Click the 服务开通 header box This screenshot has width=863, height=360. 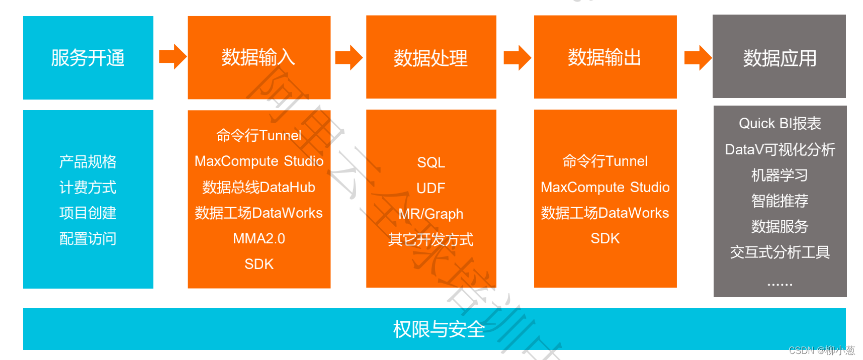(x=88, y=58)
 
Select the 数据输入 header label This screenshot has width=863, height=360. (x=258, y=58)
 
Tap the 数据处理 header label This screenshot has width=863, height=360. (x=430, y=58)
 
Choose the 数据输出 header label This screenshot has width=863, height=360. (x=605, y=58)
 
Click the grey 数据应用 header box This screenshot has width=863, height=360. (x=779, y=57)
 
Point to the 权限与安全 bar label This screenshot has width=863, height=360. (x=439, y=329)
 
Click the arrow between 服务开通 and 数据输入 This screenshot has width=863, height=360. (x=172, y=56)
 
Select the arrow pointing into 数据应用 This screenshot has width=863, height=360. (x=698, y=57)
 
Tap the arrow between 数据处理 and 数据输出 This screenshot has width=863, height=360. (x=517, y=57)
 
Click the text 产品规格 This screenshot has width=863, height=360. (x=88, y=162)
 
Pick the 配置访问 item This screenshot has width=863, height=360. (x=88, y=239)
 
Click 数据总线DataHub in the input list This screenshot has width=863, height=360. (x=258, y=188)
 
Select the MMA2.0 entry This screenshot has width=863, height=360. (x=258, y=239)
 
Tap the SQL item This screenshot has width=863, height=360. (x=431, y=162)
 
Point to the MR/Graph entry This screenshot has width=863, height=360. (x=430, y=214)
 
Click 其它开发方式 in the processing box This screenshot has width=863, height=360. (x=430, y=240)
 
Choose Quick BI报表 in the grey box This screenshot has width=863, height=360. (x=780, y=124)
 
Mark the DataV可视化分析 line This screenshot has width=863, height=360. (x=780, y=149)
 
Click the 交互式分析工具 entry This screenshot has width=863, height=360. (x=780, y=252)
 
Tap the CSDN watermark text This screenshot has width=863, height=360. (x=821, y=350)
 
